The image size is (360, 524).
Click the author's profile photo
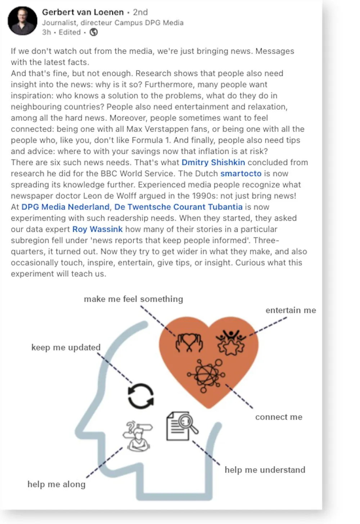pos(23,21)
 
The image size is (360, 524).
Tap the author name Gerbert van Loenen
pos(83,12)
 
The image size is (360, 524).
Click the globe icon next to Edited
pos(94,32)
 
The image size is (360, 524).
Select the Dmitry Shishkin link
pos(213,162)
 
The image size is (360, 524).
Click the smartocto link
pos(241,174)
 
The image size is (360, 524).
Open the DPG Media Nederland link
pos(65,207)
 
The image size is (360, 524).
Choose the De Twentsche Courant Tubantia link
pos(179,207)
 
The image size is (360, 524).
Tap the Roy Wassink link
pos(98,229)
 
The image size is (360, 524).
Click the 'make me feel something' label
pos(134,299)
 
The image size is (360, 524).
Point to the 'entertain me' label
pos(291,310)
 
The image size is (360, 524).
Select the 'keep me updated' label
pos(66,348)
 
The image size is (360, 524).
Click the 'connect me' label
pos(279,417)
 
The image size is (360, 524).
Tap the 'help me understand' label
pos(265,470)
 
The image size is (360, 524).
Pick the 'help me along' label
pos(57,484)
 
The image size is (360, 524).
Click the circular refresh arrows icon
pos(141,396)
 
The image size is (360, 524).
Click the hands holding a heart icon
pos(189,342)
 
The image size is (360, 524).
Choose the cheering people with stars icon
pos(231,342)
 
